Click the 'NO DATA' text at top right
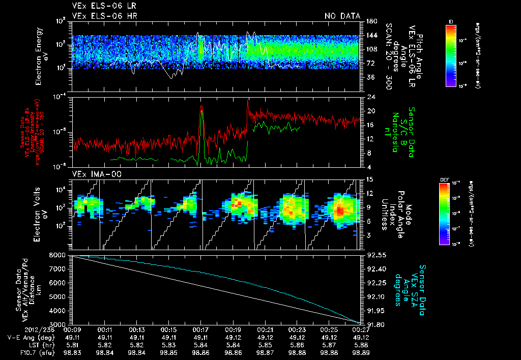coord(342,16)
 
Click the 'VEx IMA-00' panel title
coord(92,174)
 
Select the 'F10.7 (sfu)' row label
coord(34,351)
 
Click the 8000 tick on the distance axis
coord(59,254)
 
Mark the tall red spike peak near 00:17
coord(202,106)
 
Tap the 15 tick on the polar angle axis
coord(368,179)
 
